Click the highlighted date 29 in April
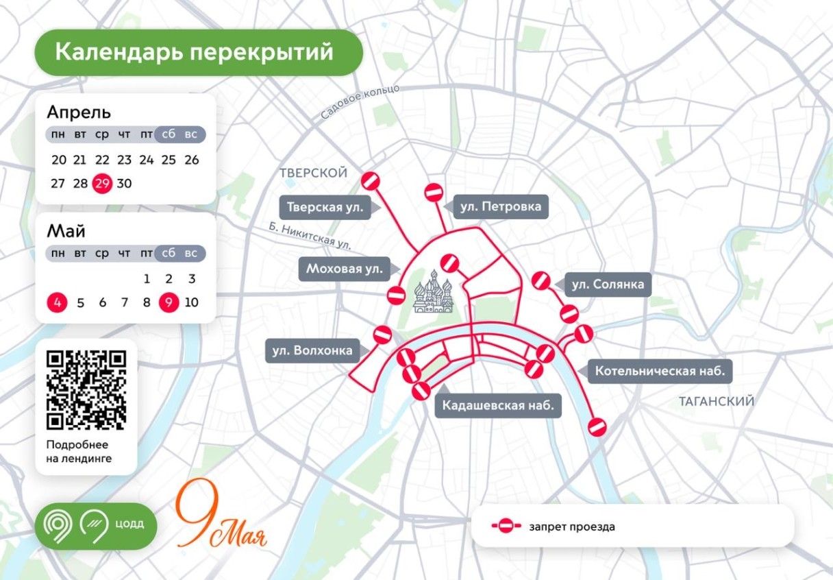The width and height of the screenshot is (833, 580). tap(102, 184)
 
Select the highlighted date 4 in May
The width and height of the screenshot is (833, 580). tap(58, 302)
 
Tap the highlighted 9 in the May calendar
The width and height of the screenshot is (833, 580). tap(169, 302)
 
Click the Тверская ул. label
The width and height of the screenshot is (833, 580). tap(325, 207)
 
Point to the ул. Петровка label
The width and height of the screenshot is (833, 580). tap(501, 206)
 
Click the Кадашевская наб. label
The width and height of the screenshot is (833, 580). tap(498, 405)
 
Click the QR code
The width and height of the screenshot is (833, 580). tap(86, 389)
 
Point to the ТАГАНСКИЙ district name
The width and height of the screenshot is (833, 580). tap(716, 401)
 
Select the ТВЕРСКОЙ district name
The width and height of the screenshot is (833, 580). tap(313, 173)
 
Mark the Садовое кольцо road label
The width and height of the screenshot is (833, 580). tap(359, 104)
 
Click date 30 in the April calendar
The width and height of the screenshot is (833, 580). tap(124, 184)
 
